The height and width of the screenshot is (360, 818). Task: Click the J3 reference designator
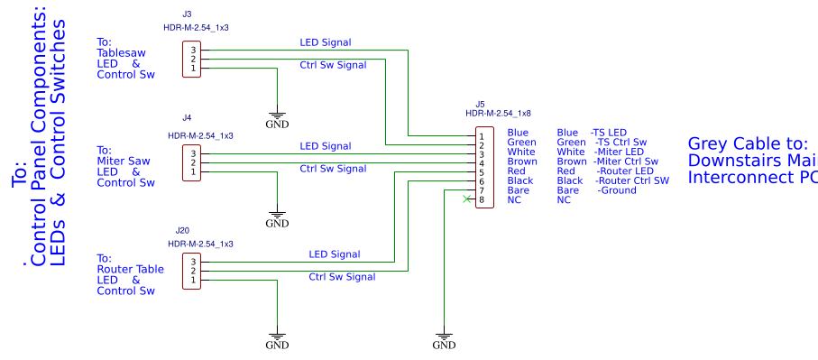[187, 14]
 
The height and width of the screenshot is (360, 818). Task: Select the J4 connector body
[192, 162]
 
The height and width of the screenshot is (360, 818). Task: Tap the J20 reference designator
[183, 230]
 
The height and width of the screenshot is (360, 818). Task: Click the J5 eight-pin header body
[485, 168]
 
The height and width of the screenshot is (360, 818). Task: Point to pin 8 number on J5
[482, 199]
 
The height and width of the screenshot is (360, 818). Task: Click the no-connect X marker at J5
[465, 199]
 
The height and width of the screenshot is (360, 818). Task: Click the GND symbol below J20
[277, 342]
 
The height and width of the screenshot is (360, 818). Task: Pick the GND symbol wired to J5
[444, 342]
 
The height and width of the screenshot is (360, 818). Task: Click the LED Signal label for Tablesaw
[325, 42]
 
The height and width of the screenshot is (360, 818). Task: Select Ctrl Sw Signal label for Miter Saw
[332, 169]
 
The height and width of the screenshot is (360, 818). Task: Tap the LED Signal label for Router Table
[334, 254]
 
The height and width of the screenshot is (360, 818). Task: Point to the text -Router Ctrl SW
[632, 180]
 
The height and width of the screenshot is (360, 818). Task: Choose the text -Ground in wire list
[617, 190]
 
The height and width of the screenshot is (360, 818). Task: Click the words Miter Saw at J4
[123, 161]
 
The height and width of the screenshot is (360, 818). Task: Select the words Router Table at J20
[130, 269]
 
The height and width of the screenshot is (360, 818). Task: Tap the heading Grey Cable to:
[747, 143]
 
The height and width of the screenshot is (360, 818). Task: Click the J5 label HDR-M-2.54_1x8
[498, 114]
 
